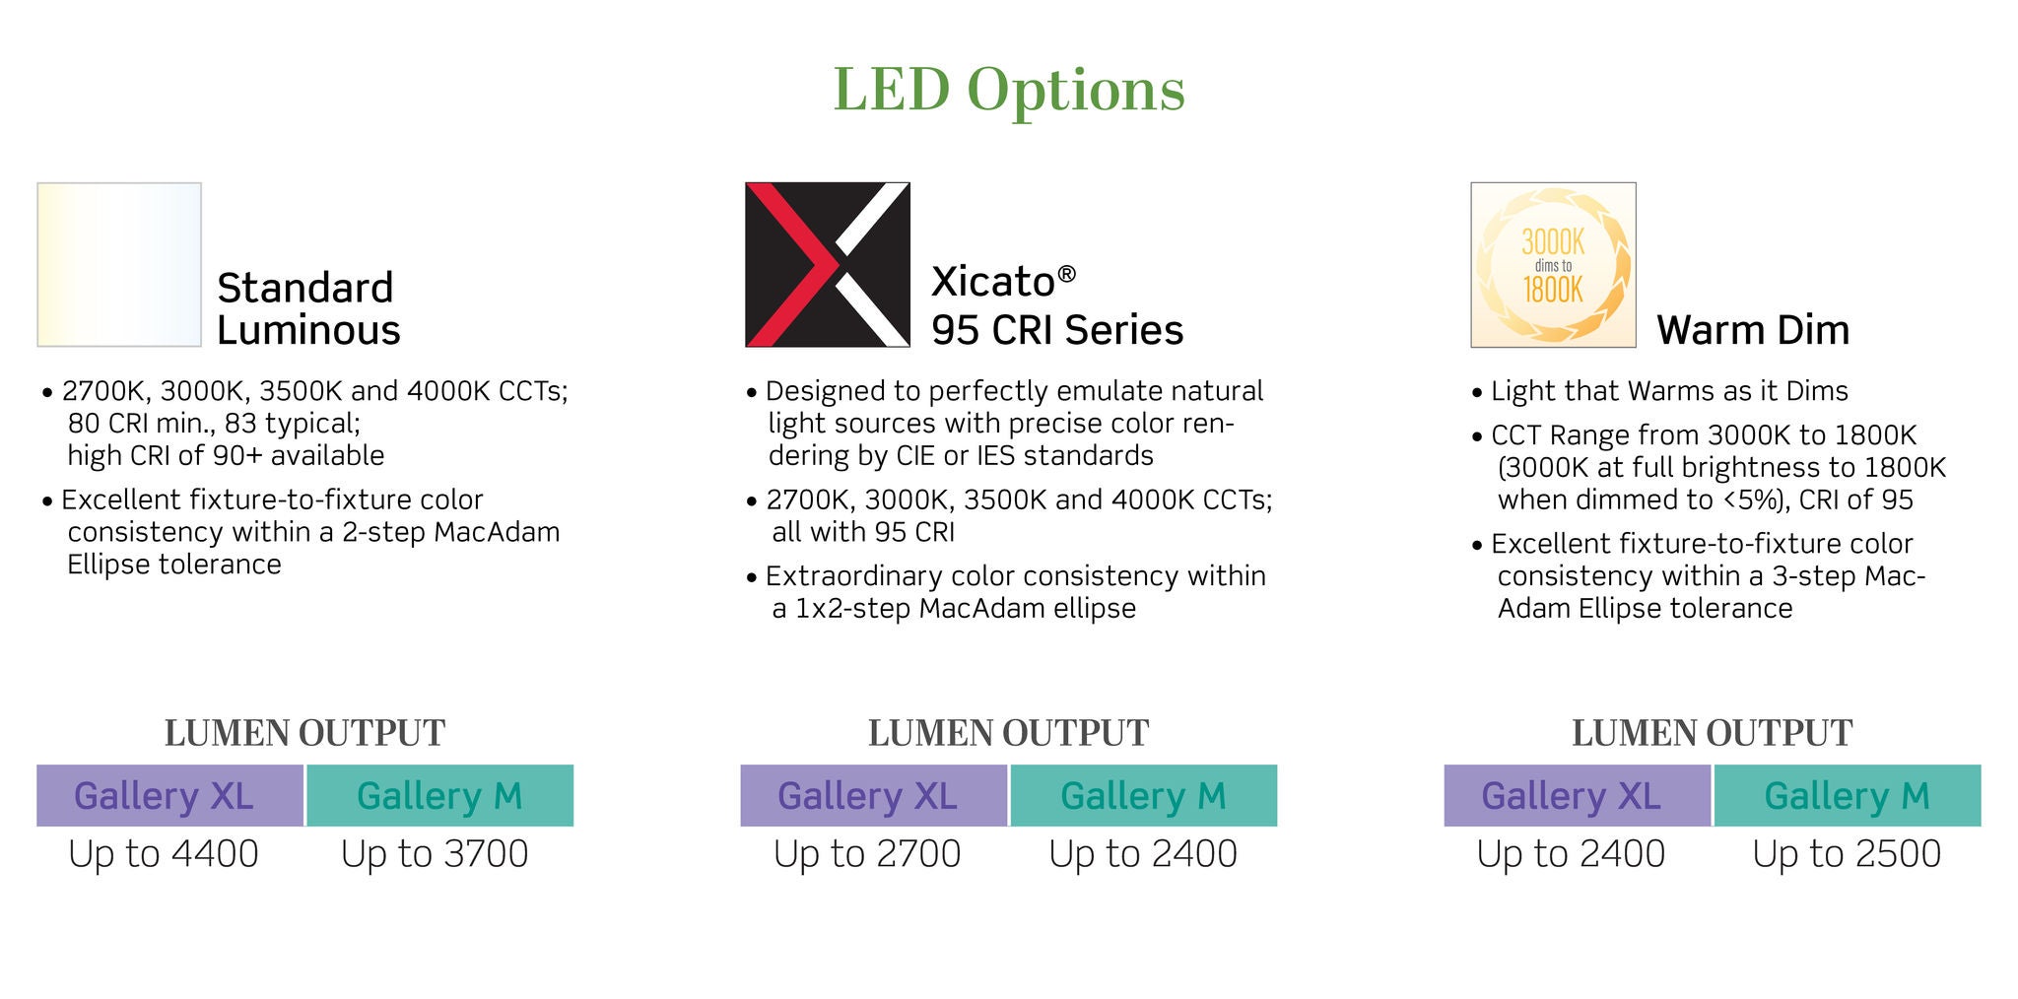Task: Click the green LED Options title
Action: (x=1009, y=90)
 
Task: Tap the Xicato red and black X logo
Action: (x=828, y=264)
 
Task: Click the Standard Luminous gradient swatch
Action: (x=119, y=264)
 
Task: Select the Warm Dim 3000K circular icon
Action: (x=1553, y=264)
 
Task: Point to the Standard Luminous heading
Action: (x=308, y=308)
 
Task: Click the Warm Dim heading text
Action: (x=1753, y=329)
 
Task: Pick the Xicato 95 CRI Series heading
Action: (x=1057, y=305)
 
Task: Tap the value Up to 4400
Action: (x=164, y=853)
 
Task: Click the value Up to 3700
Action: (x=435, y=853)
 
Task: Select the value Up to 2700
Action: (x=867, y=853)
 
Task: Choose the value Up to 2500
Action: (x=1847, y=853)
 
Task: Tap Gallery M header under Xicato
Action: (x=1144, y=795)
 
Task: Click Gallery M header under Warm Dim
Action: (x=1848, y=795)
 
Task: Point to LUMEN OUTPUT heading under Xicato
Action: (x=1008, y=733)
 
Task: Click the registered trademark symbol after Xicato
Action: (x=1066, y=274)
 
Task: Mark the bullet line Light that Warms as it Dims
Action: (x=1660, y=391)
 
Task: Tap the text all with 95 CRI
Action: (x=863, y=532)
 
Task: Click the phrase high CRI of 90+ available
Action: (x=226, y=455)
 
